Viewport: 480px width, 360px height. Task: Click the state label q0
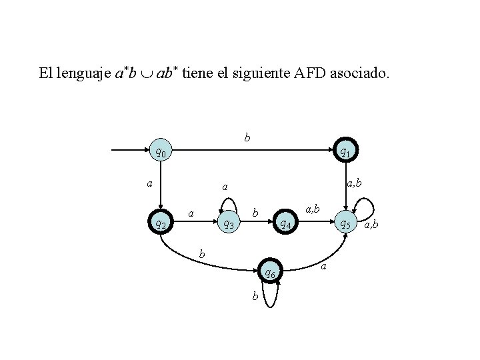160,152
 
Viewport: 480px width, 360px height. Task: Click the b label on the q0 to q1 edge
247,139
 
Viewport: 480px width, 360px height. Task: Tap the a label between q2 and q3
191,213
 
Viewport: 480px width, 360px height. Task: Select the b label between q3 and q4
255,213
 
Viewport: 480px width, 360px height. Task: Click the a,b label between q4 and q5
312,210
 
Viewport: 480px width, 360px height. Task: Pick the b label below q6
255,297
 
